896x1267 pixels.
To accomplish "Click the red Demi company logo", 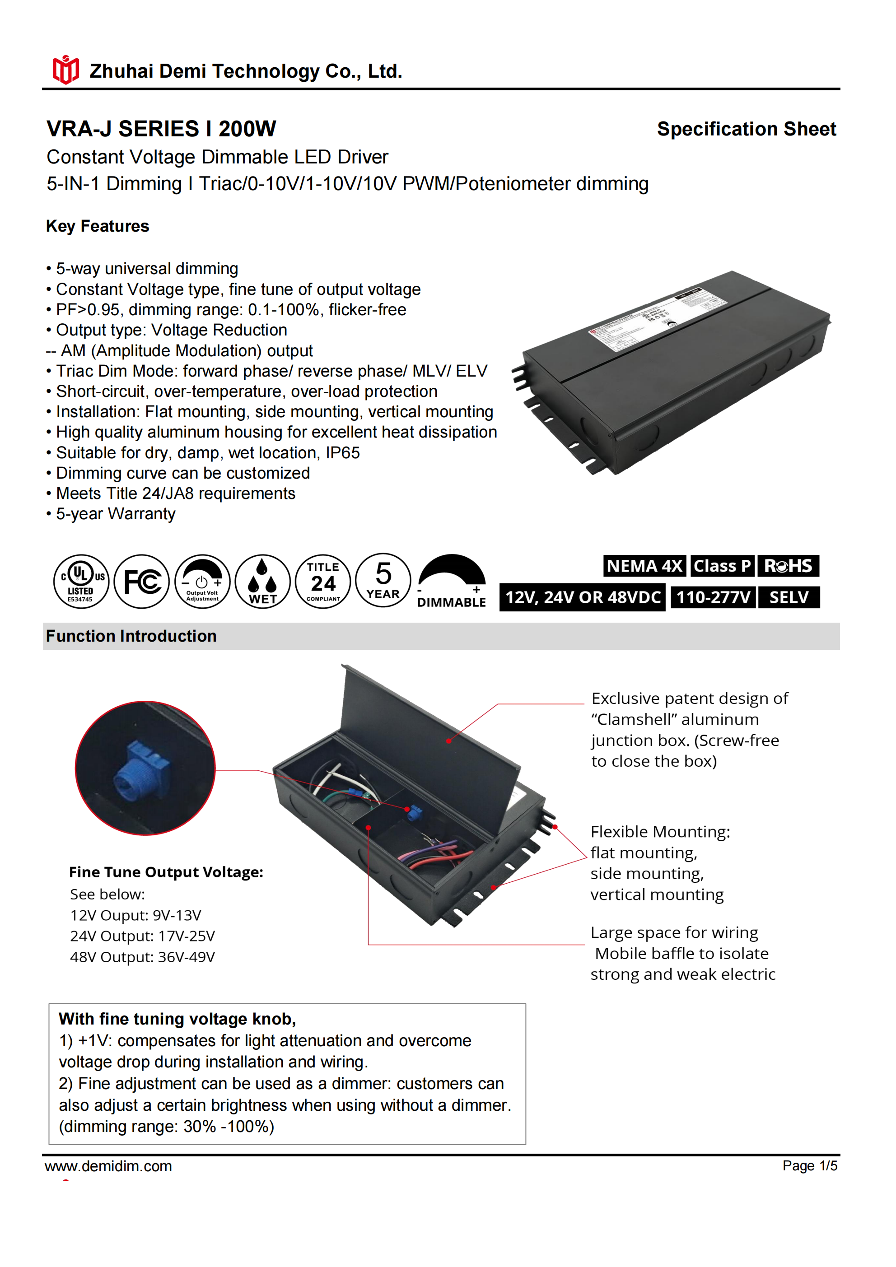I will [x=65, y=70].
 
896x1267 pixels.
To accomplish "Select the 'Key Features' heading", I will [x=98, y=226].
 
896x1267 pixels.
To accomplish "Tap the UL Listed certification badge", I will [x=81, y=582].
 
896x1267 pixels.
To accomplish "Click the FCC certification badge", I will [x=142, y=582].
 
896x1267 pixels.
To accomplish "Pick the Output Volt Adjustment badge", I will [x=202, y=582].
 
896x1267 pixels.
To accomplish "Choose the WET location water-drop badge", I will [x=263, y=582].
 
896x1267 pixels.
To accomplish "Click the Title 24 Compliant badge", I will [x=323, y=582].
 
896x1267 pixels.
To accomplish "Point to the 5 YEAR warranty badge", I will [x=383, y=581].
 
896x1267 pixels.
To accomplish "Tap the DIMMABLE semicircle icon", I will [x=452, y=581].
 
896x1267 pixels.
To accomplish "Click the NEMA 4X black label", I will [x=644, y=566].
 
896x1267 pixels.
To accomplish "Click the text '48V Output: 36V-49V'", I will [x=142, y=957].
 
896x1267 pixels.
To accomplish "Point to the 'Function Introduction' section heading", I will [x=131, y=636].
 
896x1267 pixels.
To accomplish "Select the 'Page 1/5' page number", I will [x=809, y=1165].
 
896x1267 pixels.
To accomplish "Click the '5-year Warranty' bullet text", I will [x=115, y=514].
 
